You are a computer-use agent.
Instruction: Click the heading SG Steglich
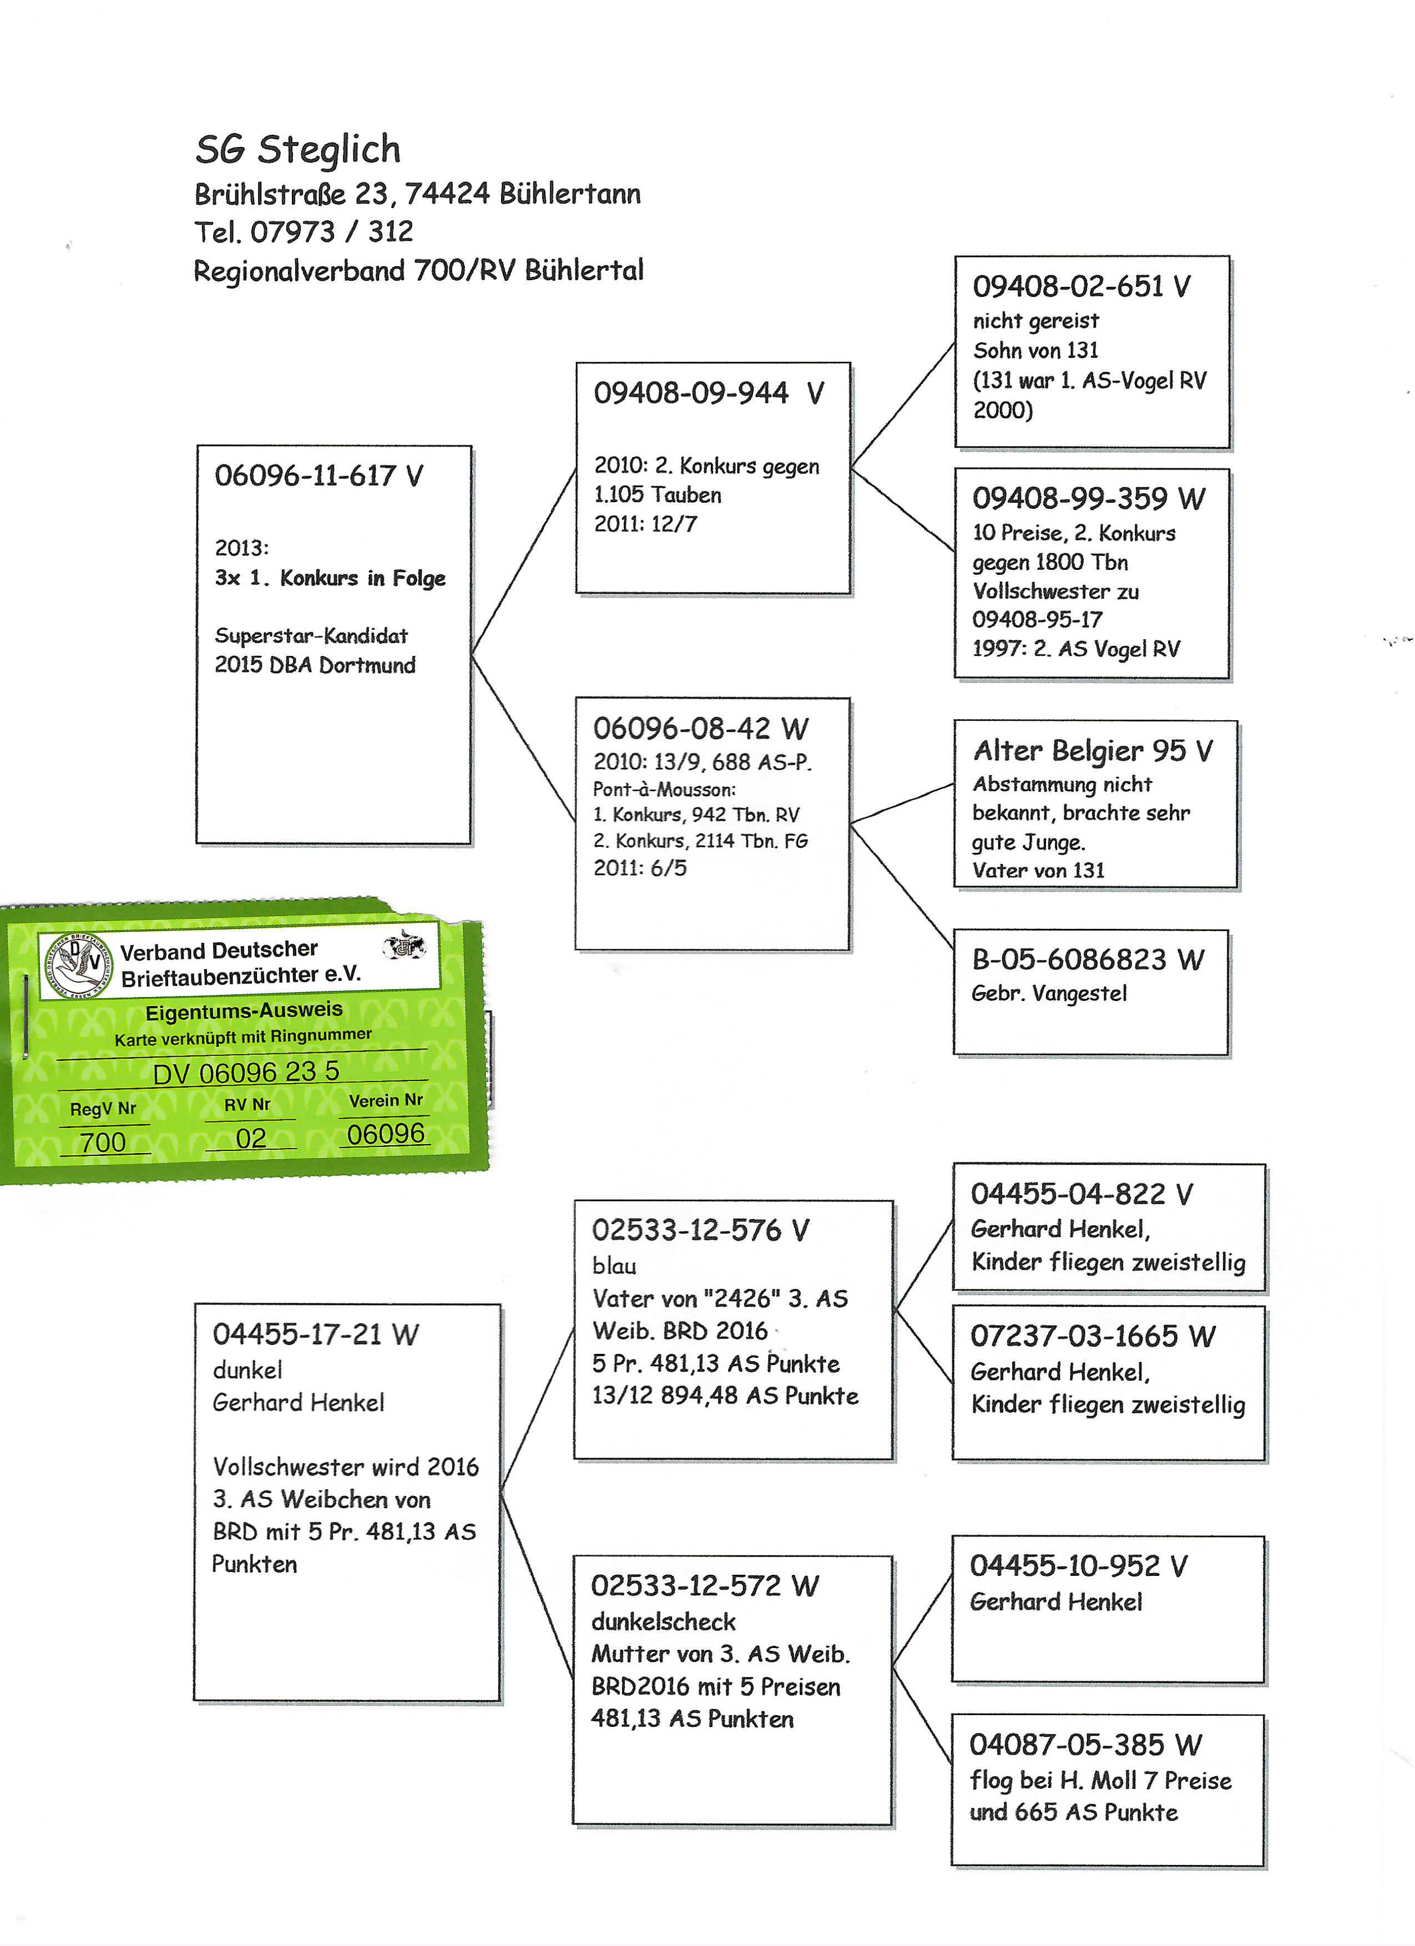point(298,149)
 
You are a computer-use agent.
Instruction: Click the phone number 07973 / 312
point(331,232)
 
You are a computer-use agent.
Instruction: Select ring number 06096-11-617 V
point(319,476)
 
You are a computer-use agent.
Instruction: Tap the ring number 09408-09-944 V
point(708,393)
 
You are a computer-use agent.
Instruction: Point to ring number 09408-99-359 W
point(1088,498)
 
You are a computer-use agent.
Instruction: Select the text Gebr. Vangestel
point(1049,994)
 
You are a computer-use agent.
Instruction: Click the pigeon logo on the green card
point(77,966)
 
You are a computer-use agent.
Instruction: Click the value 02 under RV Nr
point(251,1139)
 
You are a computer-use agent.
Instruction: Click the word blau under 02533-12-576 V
point(614,1266)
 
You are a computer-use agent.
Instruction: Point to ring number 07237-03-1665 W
point(1093,1336)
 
